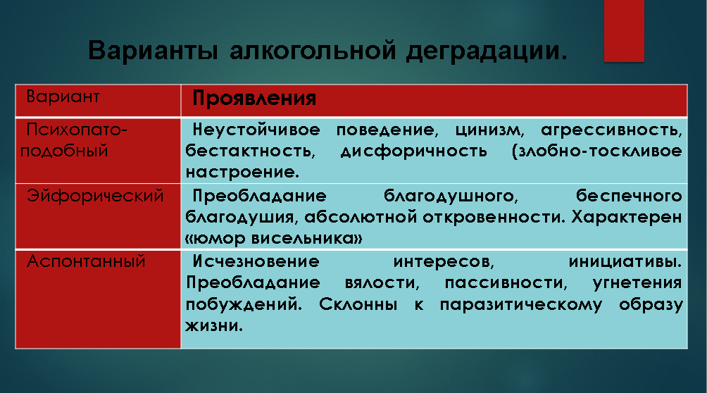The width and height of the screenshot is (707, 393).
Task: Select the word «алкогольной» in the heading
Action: (x=313, y=51)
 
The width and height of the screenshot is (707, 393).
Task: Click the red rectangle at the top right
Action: (x=624, y=31)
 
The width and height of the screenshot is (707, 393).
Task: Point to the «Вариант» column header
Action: (x=63, y=96)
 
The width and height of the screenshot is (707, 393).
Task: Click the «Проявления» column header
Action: (x=254, y=99)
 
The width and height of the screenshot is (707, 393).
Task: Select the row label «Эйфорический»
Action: (x=95, y=196)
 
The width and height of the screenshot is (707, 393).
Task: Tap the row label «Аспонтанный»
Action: (x=86, y=261)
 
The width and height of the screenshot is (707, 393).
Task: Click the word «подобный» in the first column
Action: (x=64, y=151)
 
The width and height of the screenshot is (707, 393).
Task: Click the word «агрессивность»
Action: (x=611, y=130)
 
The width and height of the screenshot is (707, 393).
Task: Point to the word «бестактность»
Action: (x=249, y=151)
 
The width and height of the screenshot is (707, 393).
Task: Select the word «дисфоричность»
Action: (x=414, y=151)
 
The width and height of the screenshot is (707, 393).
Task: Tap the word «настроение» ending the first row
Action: (x=241, y=173)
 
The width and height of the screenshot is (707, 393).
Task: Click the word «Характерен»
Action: (x=627, y=218)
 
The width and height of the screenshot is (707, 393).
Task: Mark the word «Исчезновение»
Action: (x=256, y=261)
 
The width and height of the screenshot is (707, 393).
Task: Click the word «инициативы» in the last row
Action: (x=624, y=262)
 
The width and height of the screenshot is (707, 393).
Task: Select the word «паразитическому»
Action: (x=521, y=305)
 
